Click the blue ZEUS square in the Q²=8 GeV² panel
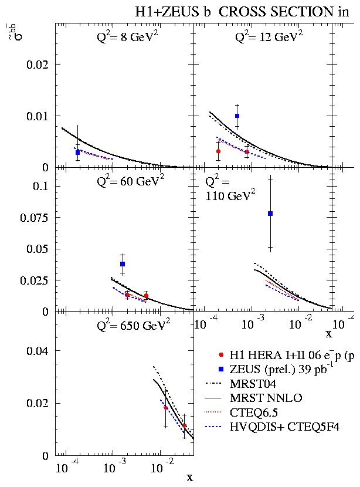(x=77, y=153)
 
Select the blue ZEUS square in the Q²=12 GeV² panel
(x=237, y=116)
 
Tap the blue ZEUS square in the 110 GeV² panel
(x=270, y=214)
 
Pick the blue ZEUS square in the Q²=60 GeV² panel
(x=123, y=264)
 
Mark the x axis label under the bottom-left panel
(x=189, y=478)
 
